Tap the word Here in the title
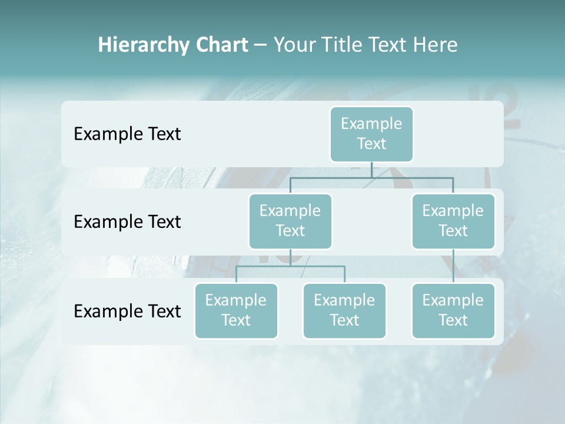[x=436, y=45]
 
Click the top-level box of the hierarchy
[x=371, y=134]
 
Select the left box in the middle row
[x=290, y=221]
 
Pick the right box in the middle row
[x=453, y=221]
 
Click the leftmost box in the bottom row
[x=236, y=310]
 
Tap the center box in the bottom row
[x=344, y=310]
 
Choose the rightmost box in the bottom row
[x=453, y=310]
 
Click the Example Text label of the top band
[x=127, y=134]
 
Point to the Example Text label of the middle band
[x=127, y=222]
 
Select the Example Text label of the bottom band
[x=127, y=311]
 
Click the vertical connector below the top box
[x=371, y=170]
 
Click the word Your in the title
[x=294, y=45]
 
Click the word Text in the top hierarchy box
[x=371, y=144]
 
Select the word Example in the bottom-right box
[x=453, y=300]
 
